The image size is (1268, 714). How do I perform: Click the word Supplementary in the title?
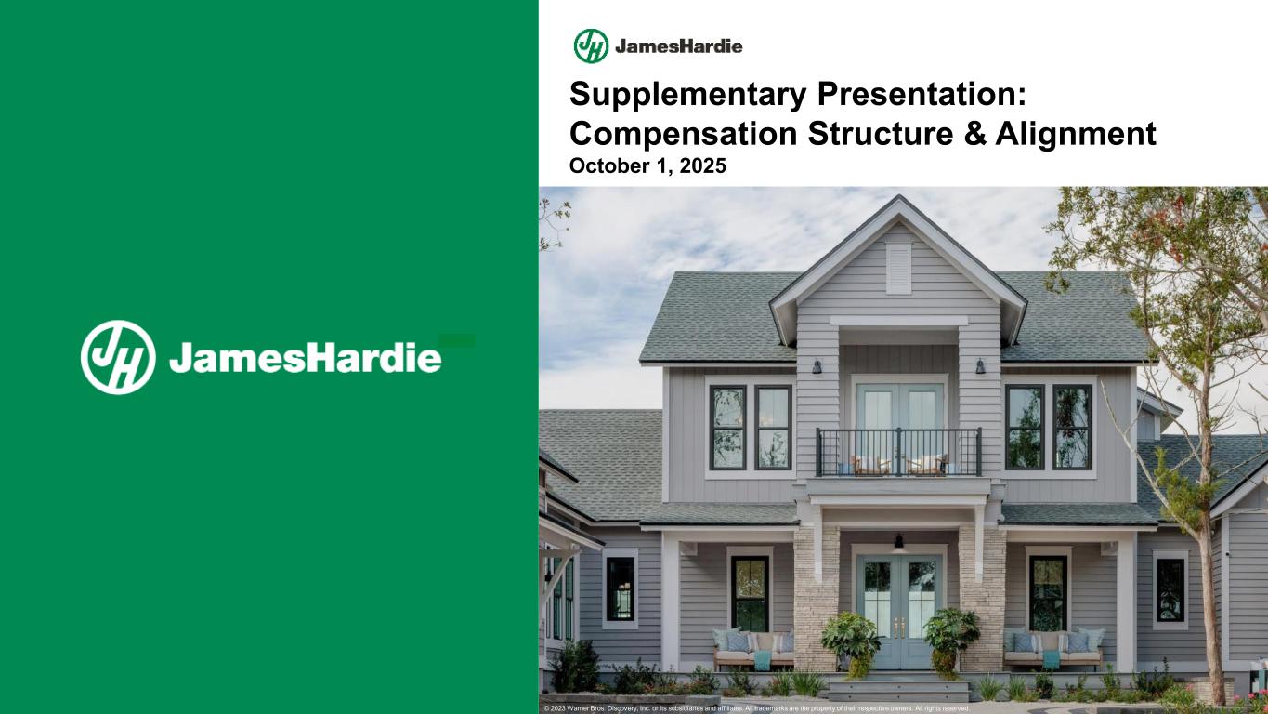687,95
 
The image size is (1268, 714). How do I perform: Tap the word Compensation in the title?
684,134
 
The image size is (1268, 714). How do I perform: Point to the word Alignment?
1076,135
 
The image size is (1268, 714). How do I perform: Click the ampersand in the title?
974,134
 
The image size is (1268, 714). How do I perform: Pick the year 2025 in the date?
702,166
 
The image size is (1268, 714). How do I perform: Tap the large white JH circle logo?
118,358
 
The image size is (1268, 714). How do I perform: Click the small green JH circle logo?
591,46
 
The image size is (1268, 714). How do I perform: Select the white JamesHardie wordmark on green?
305,358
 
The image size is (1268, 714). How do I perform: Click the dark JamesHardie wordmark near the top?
679,46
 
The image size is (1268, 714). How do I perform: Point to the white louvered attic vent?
898,269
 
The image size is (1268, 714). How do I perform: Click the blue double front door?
899,612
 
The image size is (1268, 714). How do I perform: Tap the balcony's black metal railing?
898,452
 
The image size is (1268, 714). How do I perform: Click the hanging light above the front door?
899,541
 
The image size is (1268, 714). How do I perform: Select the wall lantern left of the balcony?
817,366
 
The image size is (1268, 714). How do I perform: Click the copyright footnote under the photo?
757,708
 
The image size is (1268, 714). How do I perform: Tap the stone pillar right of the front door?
982,598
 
